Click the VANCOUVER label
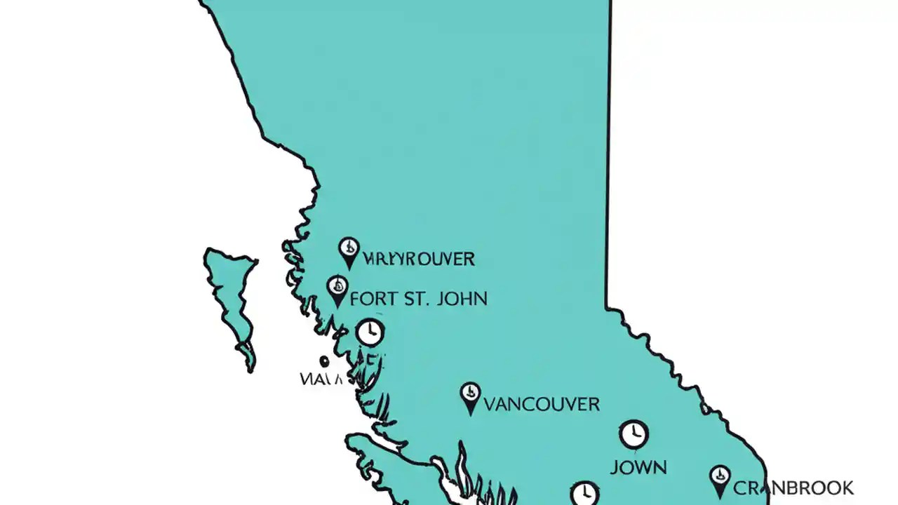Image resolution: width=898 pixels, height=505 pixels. coord(542,404)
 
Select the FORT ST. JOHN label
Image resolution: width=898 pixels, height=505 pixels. coord(418,298)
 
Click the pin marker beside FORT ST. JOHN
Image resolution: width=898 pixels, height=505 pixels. coord(337,289)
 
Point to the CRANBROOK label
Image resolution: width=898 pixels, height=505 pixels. coord(793,487)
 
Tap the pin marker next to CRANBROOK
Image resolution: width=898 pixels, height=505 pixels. coord(719,480)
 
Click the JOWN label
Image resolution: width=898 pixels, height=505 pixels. coord(638,467)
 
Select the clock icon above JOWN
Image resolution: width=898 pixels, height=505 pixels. coord(634,434)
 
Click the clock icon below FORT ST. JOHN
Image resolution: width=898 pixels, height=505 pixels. coord(370,332)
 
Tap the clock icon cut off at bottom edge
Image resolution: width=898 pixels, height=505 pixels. coord(584,494)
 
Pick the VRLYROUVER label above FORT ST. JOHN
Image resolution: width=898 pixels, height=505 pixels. coord(419,259)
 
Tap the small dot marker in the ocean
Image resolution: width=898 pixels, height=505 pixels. coord(324,361)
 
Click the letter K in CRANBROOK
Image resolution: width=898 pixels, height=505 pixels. coord(846,487)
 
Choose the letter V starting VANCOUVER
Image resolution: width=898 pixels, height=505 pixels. coord(491,404)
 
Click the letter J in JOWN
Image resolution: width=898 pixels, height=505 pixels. coord(614,467)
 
